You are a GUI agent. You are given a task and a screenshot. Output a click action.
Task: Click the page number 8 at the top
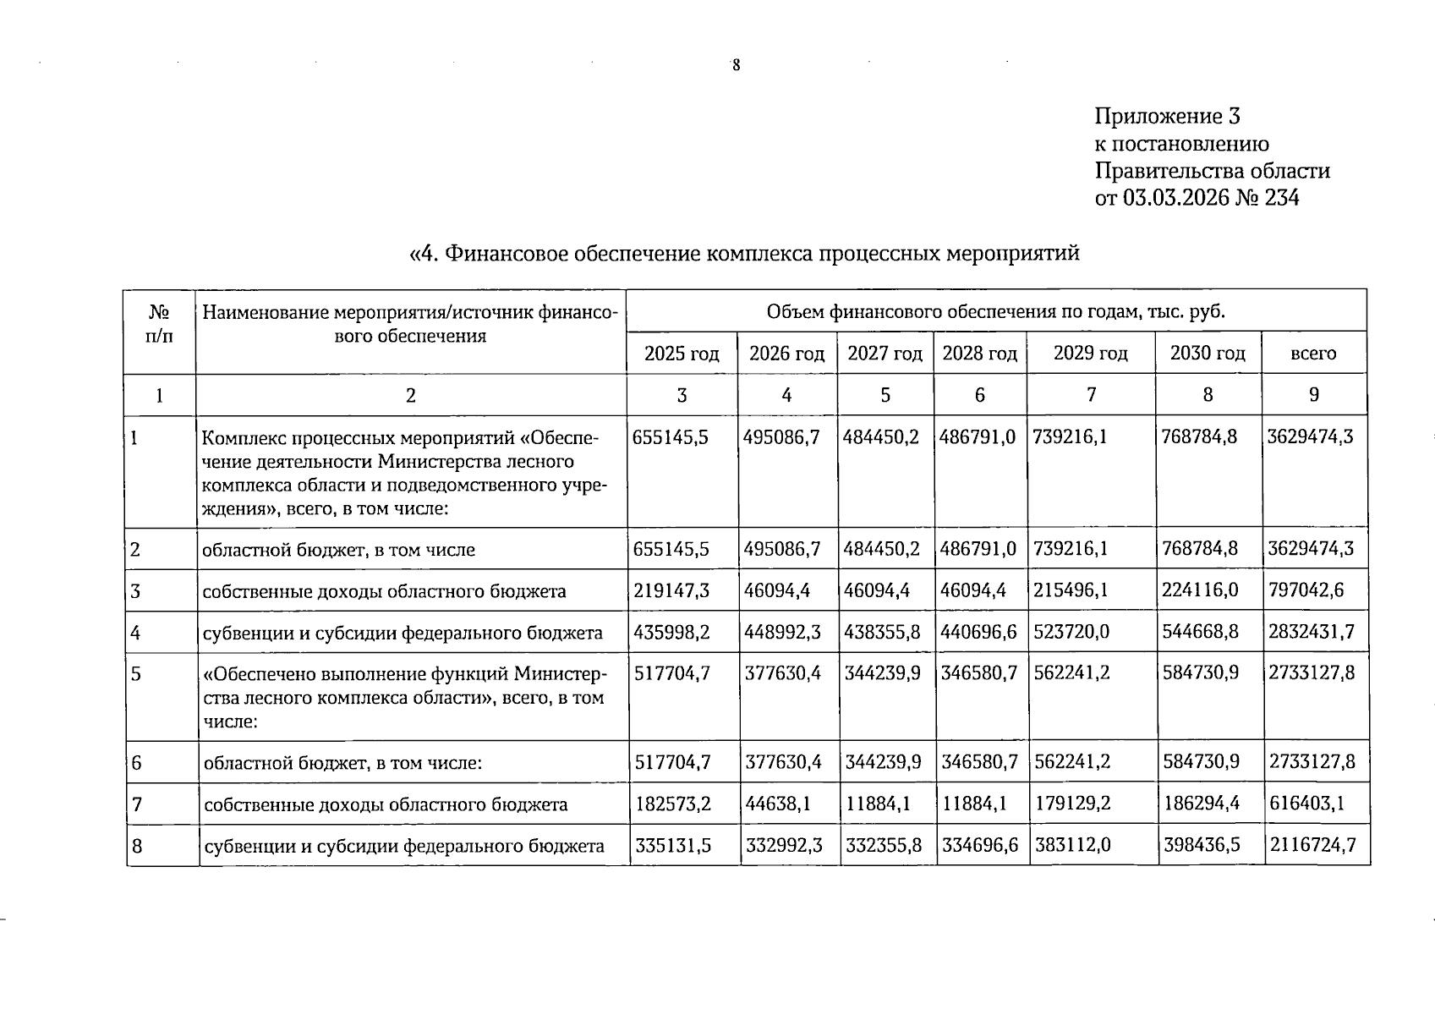click(736, 66)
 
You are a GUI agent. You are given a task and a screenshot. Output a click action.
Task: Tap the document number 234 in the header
click(1276, 198)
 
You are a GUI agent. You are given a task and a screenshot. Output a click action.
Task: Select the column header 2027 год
click(885, 354)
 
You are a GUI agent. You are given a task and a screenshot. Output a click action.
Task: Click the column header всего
click(1312, 354)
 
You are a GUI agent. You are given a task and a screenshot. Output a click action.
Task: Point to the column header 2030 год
click(1207, 353)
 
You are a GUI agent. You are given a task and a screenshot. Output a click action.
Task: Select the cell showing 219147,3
click(671, 590)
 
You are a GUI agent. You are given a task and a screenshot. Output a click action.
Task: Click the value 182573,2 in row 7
click(673, 804)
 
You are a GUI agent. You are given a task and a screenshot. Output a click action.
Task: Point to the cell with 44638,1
click(778, 804)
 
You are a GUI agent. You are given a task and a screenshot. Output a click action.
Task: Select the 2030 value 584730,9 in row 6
click(1202, 762)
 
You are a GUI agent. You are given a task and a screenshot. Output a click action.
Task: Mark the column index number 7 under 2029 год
click(1091, 394)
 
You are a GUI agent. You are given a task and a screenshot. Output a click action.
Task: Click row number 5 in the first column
click(136, 674)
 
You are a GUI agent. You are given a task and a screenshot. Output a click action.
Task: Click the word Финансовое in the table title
click(507, 253)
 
